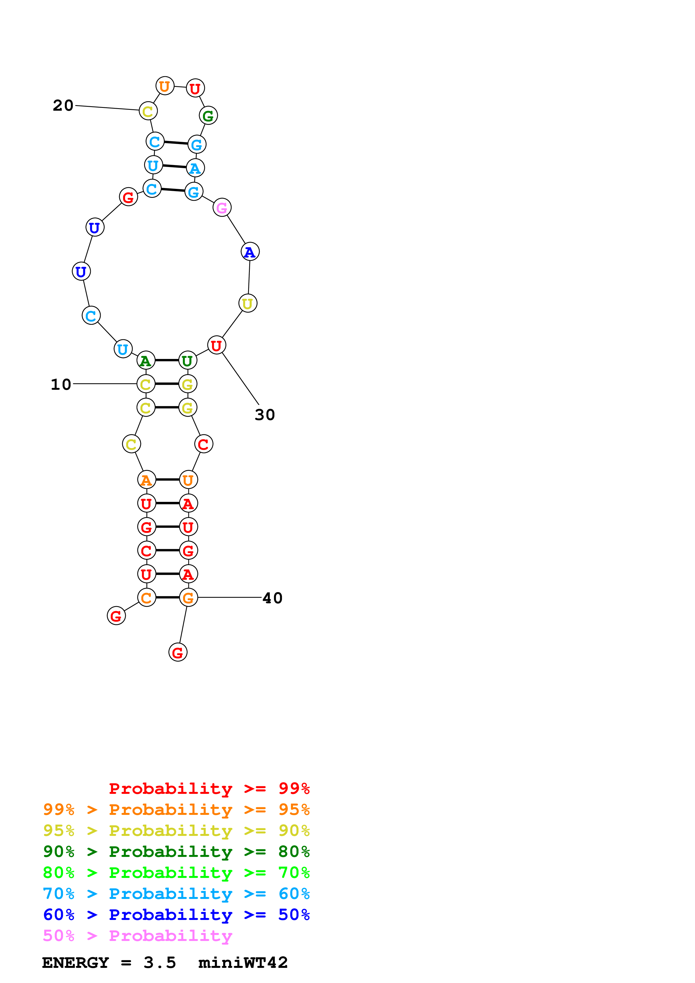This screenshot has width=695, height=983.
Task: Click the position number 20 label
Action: point(63,105)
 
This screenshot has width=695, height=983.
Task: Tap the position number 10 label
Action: point(61,384)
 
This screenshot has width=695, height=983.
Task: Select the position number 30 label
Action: point(265,414)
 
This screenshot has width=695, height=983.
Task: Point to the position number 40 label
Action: point(272,598)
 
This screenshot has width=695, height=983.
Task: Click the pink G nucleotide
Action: point(222,208)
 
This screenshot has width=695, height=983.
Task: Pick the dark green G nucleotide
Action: point(208,116)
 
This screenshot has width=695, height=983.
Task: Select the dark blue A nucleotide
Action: point(250,252)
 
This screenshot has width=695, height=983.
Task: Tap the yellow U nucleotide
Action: point(248,303)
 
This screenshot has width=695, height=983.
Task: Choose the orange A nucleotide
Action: point(146,480)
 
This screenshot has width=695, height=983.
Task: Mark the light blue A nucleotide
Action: point(195,168)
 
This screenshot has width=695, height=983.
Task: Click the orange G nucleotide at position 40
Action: point(188,598)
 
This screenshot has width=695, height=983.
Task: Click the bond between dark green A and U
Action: point(167,360)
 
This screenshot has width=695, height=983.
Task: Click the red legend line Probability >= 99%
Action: point(209,789)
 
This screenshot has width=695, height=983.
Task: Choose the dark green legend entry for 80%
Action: point(176,852)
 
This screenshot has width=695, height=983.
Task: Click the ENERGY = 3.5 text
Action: point(109,963)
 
